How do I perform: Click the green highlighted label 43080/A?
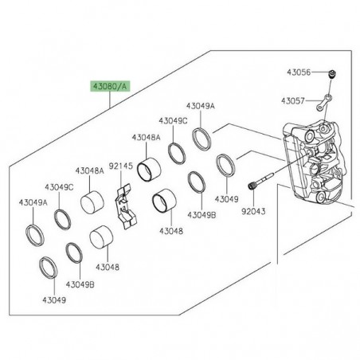coord(110,86)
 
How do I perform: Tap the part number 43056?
coord(299,72)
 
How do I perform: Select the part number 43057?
coord(293,101)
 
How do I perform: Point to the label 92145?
coord(121,166)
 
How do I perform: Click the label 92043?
coord(253,211)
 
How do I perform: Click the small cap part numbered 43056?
coord(331,74)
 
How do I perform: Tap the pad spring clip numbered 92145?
coord(125,205)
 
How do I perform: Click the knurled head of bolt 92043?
coord(251,186)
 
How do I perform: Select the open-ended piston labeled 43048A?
coord(149,170)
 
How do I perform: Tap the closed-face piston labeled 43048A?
coord(92,202)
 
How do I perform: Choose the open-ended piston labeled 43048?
coord(164,201)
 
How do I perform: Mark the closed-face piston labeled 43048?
coord(101,237)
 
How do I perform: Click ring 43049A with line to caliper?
coord(202,138)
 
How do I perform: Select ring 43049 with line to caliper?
coord(225,166)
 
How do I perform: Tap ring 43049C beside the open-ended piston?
coord(177,154)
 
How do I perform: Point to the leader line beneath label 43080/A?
coord(110,100)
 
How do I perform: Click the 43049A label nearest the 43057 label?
coord(201,106)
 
